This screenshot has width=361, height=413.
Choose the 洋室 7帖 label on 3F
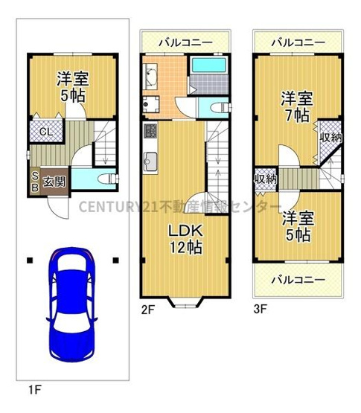(x=295, y=106)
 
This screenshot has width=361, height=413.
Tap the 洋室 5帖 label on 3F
(x=297, y=226)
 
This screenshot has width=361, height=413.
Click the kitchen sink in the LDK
(x=149, y=160)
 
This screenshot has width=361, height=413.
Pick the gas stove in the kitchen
(x=149, y=132)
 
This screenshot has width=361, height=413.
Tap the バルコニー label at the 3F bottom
(x=297, y=280)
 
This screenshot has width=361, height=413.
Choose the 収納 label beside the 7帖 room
(x=330, y=137)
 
